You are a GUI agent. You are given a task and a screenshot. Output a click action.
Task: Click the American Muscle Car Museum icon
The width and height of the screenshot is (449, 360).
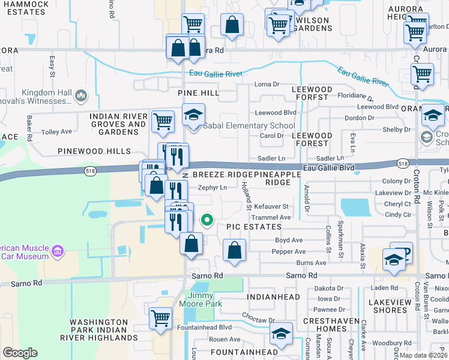58,250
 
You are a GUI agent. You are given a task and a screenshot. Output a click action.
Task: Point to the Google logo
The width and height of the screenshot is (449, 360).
20,352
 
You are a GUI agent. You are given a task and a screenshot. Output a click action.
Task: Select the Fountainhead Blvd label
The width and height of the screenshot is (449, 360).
204,328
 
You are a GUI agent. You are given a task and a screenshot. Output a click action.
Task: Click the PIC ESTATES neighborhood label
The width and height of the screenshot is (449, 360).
254,227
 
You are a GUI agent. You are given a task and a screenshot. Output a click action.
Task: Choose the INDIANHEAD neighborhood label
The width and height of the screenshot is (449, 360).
272,296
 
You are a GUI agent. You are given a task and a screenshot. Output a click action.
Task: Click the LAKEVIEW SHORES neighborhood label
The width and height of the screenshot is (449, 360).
390,305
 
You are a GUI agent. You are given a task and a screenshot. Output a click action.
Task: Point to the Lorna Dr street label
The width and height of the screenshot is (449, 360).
268,84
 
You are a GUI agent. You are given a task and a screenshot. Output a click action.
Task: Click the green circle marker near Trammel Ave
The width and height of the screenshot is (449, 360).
206,220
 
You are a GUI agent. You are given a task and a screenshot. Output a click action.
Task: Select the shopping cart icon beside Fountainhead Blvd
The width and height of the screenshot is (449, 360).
160,318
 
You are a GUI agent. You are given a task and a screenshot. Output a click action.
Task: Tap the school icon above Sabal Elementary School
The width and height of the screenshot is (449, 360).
194,115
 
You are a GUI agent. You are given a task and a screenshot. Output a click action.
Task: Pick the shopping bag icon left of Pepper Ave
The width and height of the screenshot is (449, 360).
235,251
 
